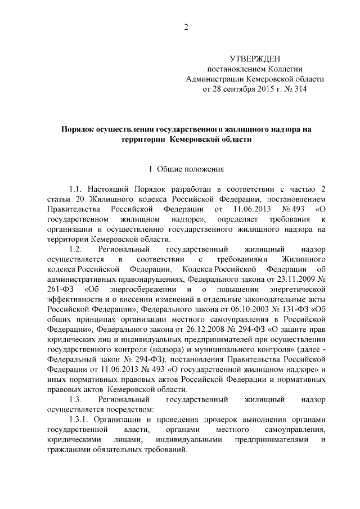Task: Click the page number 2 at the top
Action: point(185,29)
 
